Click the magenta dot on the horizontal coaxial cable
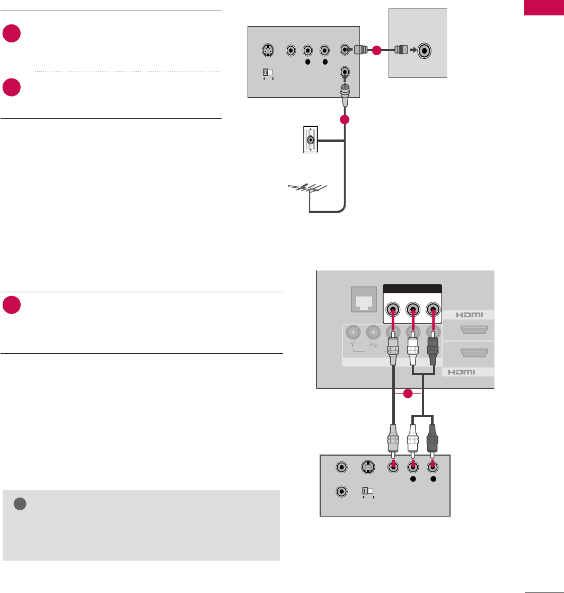click(x=376, y=51)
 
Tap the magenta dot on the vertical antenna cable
click(x=345, y=120)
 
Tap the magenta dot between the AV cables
click(x=407, y=394)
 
